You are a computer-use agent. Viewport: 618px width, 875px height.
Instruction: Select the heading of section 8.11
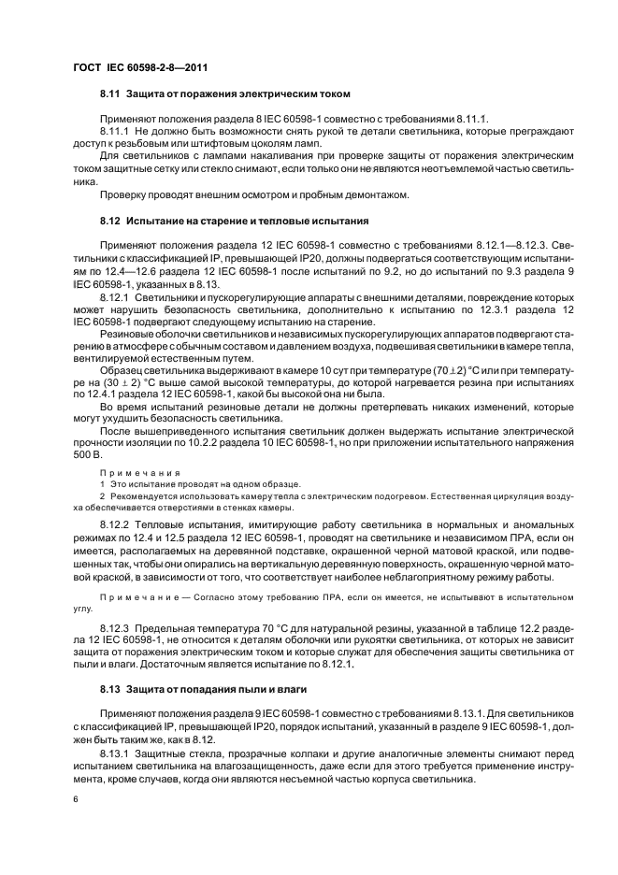pos(224,94)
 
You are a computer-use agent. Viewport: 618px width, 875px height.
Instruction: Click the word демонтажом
pos(377,194)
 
